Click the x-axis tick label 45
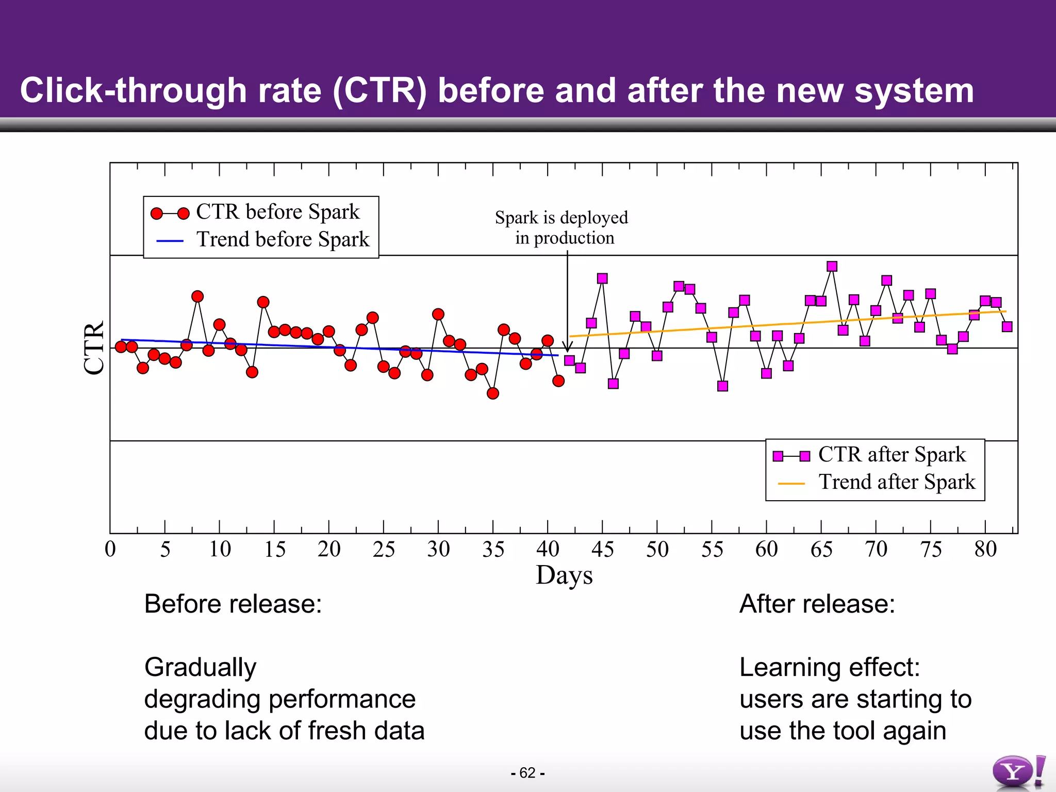click(602, 549)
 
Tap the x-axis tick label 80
click(985, 549)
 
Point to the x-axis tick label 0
click(110, 549)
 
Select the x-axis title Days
click(564, 575)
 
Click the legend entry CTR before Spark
click(277, 212)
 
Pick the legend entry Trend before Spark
click(283, 240)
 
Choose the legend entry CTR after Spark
click(892, 455)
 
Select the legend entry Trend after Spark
click(897, 482)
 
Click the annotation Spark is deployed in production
click(562, 227)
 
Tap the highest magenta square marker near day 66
click(832, 266)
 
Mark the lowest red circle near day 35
click(493, 393)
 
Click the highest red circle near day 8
click(197, 296)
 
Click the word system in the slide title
click(914, 91)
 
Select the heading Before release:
click(233, 604)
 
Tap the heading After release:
click(817, 604)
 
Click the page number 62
click(527, 772)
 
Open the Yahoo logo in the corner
click(1018, 772)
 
